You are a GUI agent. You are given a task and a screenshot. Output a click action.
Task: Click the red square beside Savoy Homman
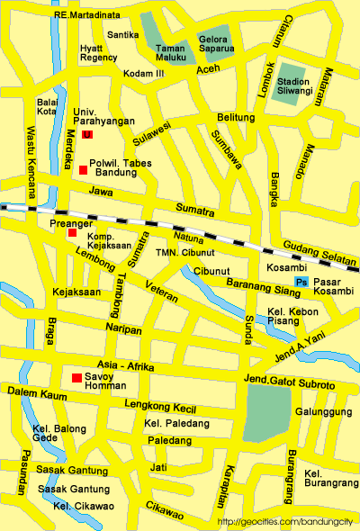(x=77, y=376)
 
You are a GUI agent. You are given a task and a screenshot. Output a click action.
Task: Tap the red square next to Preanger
(x=72, y=233)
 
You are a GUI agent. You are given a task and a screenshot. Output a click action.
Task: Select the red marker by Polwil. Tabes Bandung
(x=83, y=170)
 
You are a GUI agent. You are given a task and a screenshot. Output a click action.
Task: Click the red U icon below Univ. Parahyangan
(x=86, y=134)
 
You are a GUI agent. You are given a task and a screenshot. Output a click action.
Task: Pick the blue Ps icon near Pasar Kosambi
(x=301, y=283)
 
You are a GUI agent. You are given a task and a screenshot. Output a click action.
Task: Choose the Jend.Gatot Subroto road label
(x=289, y=384)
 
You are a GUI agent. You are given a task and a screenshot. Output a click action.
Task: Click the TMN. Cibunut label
(x=184, y=253)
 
